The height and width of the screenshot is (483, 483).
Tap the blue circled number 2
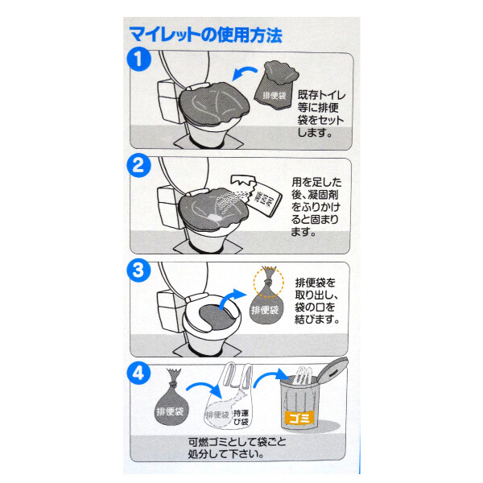pos(140,167)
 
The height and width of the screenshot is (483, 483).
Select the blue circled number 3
pos(140,270)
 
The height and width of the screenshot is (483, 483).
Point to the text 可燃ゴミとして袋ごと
pos(241,443)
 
